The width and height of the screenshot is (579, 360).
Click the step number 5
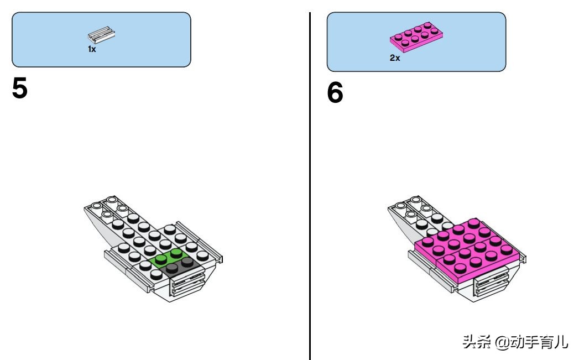click(x=20, y=88)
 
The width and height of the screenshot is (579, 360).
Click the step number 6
click(x=335, y=92)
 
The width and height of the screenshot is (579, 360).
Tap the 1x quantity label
click(x=92, y=49)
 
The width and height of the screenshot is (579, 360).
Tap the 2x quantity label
click(x=395, y=58)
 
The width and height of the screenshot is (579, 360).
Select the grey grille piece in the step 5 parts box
click(x=102, y=34)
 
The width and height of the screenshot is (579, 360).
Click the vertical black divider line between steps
click(x=310, y=186)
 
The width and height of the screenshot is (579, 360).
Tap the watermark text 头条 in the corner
click(x=477, y=342)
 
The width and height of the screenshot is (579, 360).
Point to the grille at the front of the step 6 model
click(x=492, y=284)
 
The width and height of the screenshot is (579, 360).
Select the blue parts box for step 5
click(x=102, y=39)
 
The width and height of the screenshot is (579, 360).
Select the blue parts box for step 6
click(x=416, y=41)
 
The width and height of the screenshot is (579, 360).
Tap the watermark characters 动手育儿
click(x=539, y=342)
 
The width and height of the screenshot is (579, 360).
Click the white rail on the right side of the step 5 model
click(x=200, y=242)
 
